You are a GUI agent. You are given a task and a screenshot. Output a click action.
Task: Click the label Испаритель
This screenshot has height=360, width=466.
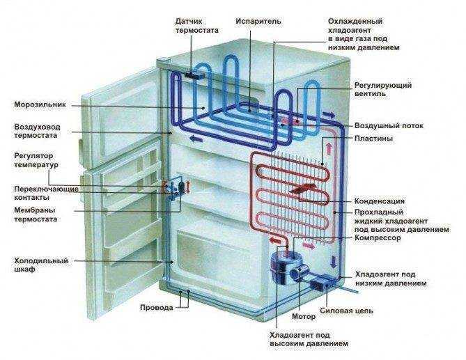(x=258, y=22)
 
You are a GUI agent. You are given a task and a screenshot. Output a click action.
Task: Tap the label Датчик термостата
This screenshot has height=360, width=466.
(x=196, y=26)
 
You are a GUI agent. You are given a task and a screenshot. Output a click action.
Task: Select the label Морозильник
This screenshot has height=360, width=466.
(x=40, y=105)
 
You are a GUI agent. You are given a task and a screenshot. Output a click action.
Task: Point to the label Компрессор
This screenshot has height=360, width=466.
(x=378, y=238)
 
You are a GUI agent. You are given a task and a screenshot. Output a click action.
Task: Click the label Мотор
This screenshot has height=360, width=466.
(x=304, y=317)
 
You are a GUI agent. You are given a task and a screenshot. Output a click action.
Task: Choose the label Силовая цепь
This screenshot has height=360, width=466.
(x=346, y=311)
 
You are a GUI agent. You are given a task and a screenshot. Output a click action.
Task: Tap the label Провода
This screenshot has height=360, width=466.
(x=157, y=308)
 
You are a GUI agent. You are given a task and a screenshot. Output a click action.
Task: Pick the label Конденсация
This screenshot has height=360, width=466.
(x=380, y=201)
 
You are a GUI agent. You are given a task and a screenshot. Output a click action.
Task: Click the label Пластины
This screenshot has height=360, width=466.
(x=373, y=139)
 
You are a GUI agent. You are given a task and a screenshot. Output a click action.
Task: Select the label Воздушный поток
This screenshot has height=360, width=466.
(x=389, y=125)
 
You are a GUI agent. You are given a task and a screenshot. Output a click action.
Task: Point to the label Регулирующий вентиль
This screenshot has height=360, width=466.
(x=383, y=90)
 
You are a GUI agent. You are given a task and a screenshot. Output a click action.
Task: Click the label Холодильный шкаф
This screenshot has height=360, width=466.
(x=41, y=265)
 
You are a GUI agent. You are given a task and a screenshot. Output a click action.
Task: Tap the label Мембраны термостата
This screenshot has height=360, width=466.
(x=36, y=214)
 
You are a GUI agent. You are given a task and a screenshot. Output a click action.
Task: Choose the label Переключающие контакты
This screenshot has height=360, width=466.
(x=46, y=194)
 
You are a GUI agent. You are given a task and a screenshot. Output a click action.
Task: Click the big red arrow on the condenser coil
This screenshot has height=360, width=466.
(x=302, y=189)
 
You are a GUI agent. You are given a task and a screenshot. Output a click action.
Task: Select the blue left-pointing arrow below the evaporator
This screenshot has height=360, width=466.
(x=196, y=138)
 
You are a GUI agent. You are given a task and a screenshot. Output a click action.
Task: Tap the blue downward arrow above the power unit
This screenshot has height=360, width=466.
(x=334, y=261)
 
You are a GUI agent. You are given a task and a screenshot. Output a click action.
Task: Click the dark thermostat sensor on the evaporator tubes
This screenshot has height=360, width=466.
(x=194, y=75)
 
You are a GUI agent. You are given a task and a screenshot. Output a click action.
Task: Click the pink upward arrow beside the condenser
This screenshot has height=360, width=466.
(x=329, y=148)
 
